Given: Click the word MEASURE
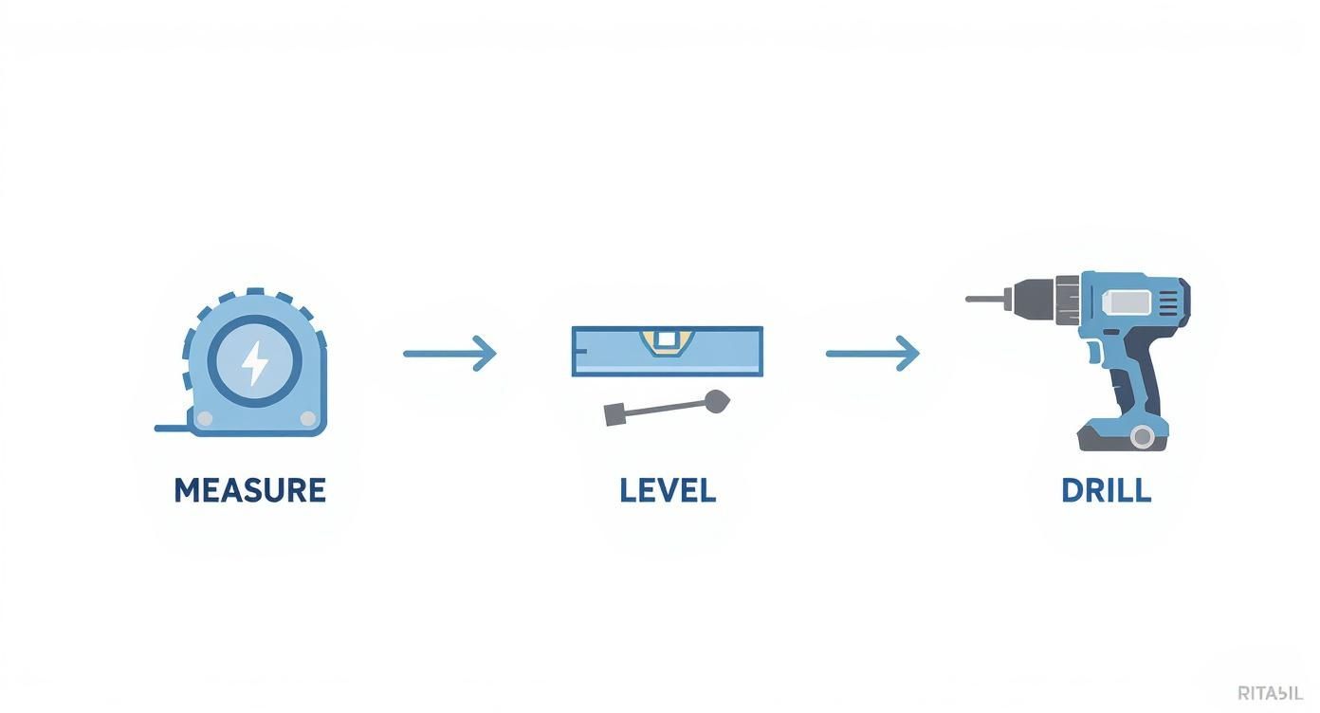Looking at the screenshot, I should click(250, 490).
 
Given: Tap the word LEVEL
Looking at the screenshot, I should click(668, 490).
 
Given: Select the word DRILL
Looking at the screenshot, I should click(1106, 490).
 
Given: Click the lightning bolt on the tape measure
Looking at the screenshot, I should click(254, 362).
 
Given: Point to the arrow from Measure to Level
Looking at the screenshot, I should click(449, 354).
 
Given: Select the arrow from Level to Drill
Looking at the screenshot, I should click(872, 354).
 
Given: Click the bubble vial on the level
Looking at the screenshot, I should click(667, 338).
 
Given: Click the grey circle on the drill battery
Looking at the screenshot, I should click(1143, 436).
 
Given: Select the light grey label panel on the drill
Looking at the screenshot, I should click(1128, 302).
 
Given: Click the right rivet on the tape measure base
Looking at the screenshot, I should click(307, 418).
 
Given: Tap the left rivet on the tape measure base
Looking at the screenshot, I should click(202, 418).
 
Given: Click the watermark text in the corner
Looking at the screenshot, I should click(1272, 693).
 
